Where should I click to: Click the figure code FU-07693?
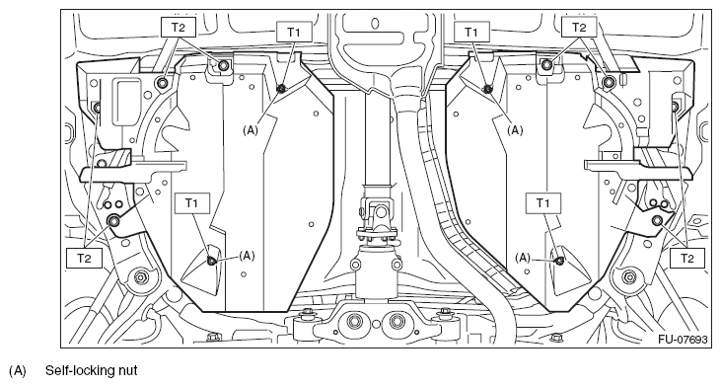pos(683,340)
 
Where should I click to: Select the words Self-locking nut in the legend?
pos(91,370)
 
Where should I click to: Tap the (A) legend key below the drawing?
pos(18,370)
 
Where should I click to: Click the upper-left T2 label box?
pos(179,28)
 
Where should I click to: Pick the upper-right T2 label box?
pos(579,28)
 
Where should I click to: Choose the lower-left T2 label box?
pos(84,258)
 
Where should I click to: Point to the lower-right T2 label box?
pos(687,258)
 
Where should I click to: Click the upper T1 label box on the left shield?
pos(293,32)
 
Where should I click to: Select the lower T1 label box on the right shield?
pos(543,203)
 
